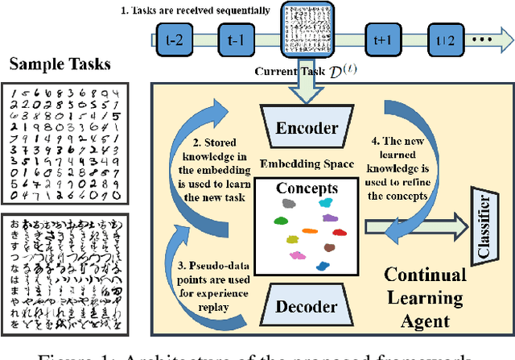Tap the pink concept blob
(298, 257)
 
